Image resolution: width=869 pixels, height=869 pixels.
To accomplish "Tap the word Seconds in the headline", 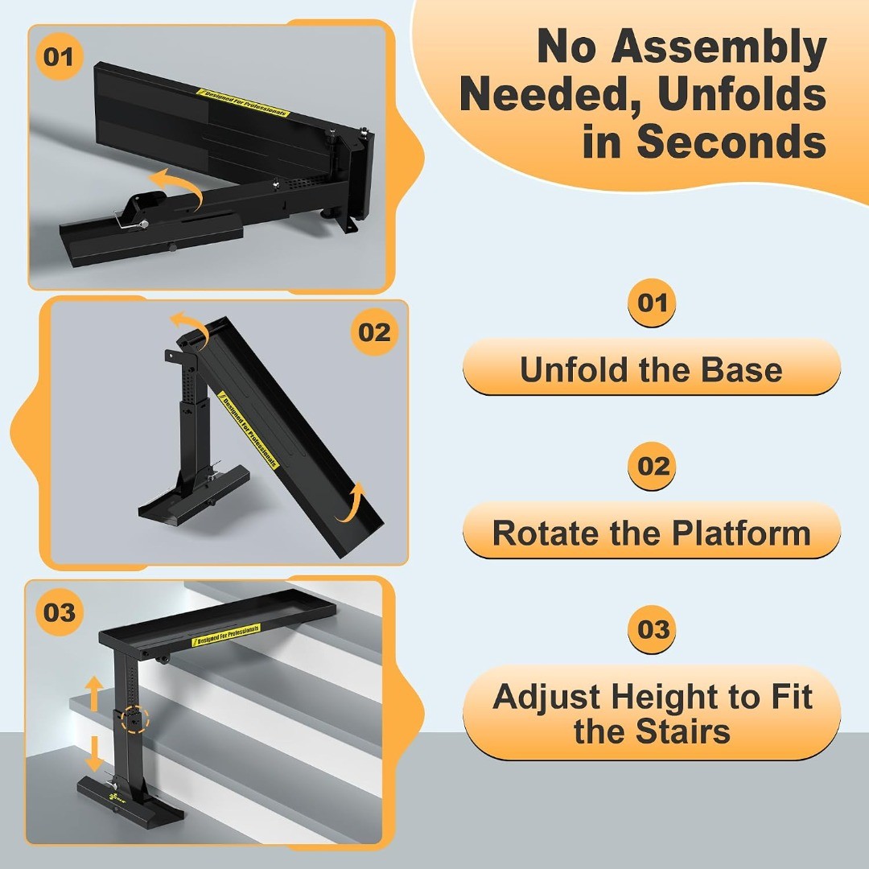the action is tap(731, 142).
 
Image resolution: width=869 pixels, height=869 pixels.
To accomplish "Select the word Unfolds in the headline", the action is tap(742, 94).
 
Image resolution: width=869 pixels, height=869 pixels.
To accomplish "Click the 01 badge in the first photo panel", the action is tap(59, 56).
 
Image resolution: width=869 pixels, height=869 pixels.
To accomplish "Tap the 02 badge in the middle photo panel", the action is tap(375, 332).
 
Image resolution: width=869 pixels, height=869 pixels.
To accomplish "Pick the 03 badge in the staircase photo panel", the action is tap(60, 612).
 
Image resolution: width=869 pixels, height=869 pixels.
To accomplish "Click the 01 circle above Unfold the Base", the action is tap(652, 303).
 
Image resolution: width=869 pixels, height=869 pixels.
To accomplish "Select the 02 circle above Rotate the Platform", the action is tap(653, 466).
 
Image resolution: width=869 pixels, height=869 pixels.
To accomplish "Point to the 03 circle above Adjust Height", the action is tap(653, 629).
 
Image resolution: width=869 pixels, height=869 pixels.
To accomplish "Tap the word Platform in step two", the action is tap(742, 533).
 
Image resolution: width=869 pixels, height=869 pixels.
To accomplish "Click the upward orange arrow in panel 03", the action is tap(94, 694).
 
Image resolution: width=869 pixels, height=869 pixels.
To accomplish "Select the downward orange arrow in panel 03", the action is tap(95, 754).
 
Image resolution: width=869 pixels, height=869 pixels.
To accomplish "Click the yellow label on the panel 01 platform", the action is tap(243, 102).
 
